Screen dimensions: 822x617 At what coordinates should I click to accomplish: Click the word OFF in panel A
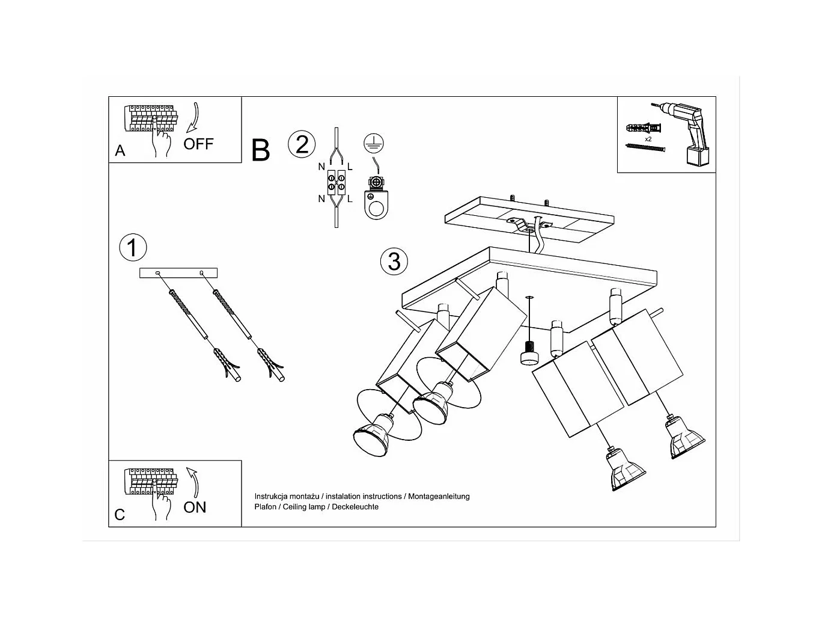pyautogui.click(x=198, y=144)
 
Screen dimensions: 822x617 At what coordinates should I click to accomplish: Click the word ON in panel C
pyautogui.click(x=195, y=508)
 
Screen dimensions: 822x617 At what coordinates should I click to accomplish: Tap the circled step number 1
pyautogui.click(x=133, y=248)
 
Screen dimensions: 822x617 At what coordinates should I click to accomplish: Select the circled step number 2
pyautogui.click(x=302, y=144)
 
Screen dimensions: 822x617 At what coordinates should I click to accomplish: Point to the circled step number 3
pyautogui.click(x=394, y=261)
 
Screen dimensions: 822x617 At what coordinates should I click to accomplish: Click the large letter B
pyautogui.click(x=260, y=150)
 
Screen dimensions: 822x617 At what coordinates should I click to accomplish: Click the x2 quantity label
pyautogui.click(x=648, y=139)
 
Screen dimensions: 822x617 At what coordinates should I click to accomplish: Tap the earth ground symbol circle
pyautogui.click(x=373, y=143)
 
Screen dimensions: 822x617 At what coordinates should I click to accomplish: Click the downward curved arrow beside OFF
pyautogui.click(x=194, y=117)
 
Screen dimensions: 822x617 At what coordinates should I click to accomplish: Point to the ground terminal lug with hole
pyautogui.click(x=376, y=198)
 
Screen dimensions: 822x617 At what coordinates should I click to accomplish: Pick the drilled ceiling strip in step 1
pyautogui.click(x=178, y=273)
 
